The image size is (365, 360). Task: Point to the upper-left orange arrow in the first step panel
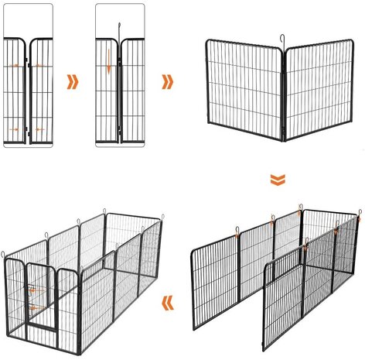pyautogui.click(x=15, y=66)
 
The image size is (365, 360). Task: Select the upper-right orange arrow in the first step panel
pyautogui.click(x=39, y=66)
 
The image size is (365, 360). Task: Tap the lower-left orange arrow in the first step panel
pyautogui.click(x=15, y=128)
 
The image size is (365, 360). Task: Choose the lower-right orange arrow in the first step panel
pyautogui.click(x=39, y=128)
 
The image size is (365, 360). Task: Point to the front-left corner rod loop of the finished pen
pyautogui.click(x=4, y=252)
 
